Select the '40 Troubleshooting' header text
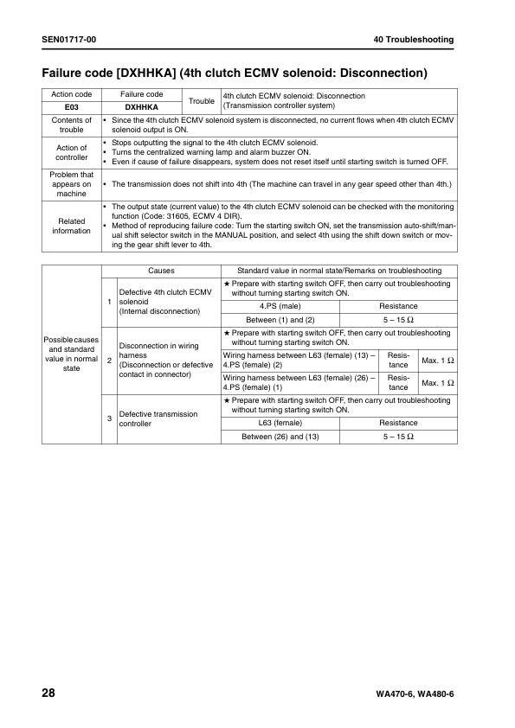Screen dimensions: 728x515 (414, 40)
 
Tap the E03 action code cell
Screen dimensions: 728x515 (72, 107)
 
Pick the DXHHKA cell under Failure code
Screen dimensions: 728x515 (142, 107)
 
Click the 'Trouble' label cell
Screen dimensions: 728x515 (202, 101)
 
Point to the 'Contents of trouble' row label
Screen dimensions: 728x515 (72, 125)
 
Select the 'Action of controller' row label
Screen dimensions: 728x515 (72, 152)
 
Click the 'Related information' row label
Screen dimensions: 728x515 (72, 226)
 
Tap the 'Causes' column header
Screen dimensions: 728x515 (160, 271)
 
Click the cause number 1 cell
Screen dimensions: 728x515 (109, 301)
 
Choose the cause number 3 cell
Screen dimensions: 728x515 (109, 418)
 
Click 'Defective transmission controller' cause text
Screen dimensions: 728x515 (158, 419)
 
